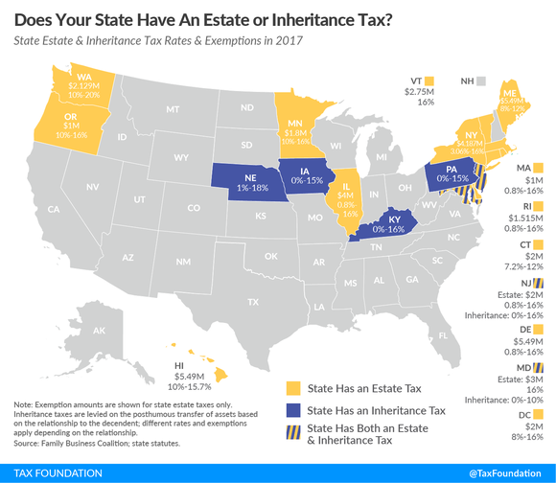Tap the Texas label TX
(x=253, y=302)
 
